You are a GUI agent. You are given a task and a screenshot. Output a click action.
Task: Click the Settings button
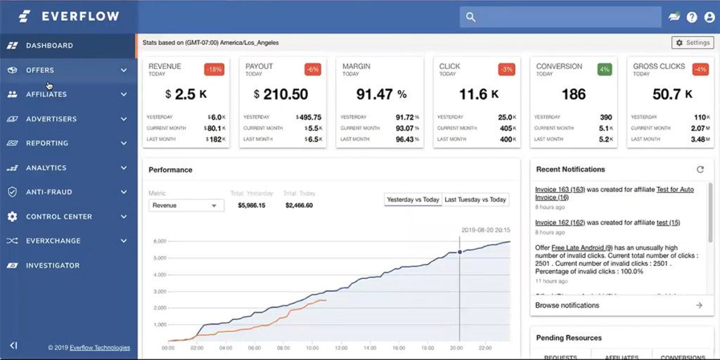[693, 43]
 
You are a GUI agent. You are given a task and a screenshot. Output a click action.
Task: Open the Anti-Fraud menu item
[49, 192]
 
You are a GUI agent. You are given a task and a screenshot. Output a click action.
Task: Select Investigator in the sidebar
[53, 266]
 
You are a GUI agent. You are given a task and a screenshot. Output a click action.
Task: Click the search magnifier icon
[471, 17]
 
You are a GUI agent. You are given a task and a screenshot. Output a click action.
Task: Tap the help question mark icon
[692, 17]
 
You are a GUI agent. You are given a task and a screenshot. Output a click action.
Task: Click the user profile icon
[709, 17]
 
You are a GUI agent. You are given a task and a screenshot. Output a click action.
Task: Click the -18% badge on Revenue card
[214, 69]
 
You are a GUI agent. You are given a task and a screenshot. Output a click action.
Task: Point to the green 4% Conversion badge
[604, 69]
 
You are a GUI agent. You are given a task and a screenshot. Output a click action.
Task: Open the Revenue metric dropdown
[186, 205]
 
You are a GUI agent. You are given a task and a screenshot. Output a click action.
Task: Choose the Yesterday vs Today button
[413, 200]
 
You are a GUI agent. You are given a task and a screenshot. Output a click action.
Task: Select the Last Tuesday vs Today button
[475, 200]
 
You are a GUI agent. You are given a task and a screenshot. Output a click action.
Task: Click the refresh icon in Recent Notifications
[700, 169]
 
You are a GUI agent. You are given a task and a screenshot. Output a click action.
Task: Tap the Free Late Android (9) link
[582, 247]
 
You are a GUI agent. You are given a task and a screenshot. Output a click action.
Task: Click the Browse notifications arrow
[699, 305]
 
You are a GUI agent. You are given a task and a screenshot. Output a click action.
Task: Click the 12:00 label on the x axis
[341, 348]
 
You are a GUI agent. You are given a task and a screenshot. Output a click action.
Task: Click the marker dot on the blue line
[460, 252]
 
